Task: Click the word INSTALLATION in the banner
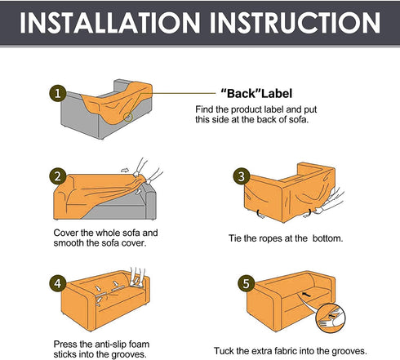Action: tap(110, 23)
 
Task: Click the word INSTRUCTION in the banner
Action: tap(295, 23)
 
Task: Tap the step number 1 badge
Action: tap(58, 93)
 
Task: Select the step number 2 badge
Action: tap(58, 176)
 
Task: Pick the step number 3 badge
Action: tap(242, 176)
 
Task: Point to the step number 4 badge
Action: tap(58, 283)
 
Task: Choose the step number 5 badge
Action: tap(246, 283)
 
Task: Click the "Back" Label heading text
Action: tap(256, 93)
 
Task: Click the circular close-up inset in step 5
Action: tap(331, 318)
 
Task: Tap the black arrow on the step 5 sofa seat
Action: tap(306, 295)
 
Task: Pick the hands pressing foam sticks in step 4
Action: tap(137, 277)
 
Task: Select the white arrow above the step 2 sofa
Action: tap(125, 171)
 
